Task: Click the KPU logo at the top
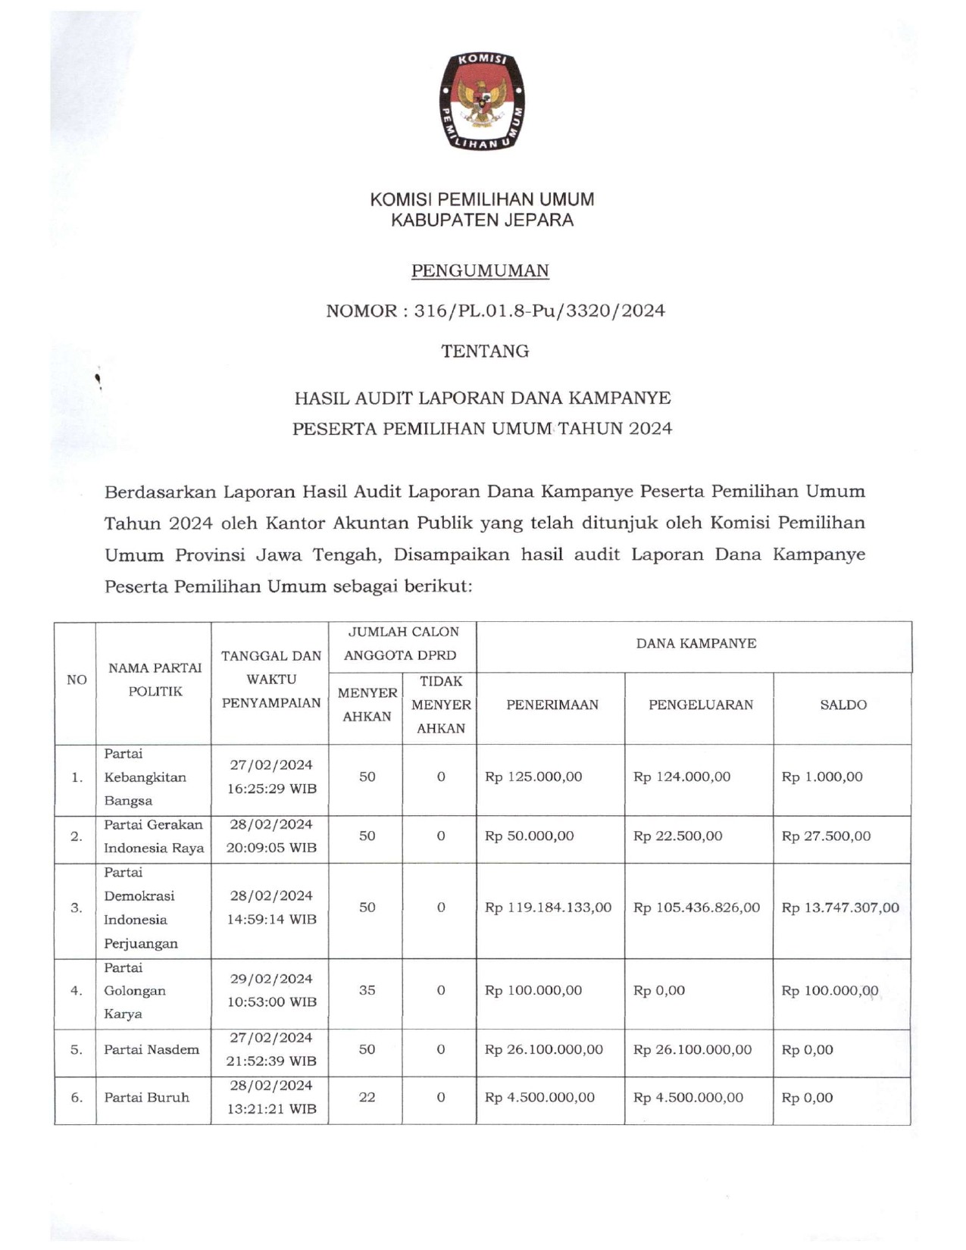pos(482,101)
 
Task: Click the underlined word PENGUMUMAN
pos(480,270)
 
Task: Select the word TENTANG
pos(485,351)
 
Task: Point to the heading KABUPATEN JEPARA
pos(482,220)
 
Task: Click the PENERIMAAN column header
pos(552,705)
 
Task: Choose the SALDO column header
pos(843,705)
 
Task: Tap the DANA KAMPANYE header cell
pos(696,643)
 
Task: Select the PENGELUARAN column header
pos(700,705)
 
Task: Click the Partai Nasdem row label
pos(152,1049)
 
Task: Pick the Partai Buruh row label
pos(146,1097)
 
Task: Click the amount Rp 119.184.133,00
pos(548,907)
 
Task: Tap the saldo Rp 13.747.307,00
pos(840,907)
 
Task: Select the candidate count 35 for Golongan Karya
pos(367,990)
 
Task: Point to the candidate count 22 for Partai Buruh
pos(367,1097)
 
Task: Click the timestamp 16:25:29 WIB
pos(271,789)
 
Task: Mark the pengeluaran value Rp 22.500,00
pos(677,836)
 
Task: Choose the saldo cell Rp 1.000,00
pos(822,777)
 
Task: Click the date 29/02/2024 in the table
pos(271,979)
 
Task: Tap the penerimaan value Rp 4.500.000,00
pos(539,1097)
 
